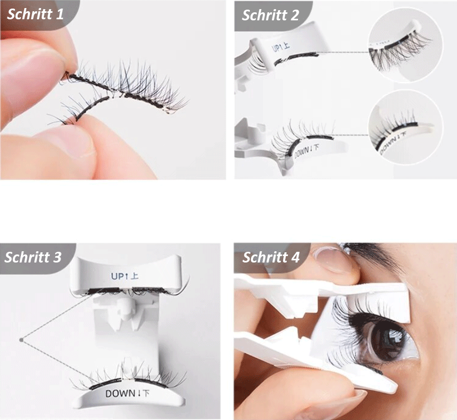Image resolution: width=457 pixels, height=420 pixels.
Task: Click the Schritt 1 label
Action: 35,14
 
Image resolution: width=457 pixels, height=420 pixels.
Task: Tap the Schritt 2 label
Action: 270,15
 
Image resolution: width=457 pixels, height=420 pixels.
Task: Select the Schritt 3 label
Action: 33,257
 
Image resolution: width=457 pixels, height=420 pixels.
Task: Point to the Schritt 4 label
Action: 271,257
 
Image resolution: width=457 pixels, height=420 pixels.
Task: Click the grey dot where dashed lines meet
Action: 21,340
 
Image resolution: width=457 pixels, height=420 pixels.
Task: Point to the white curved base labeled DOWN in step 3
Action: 128,395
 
